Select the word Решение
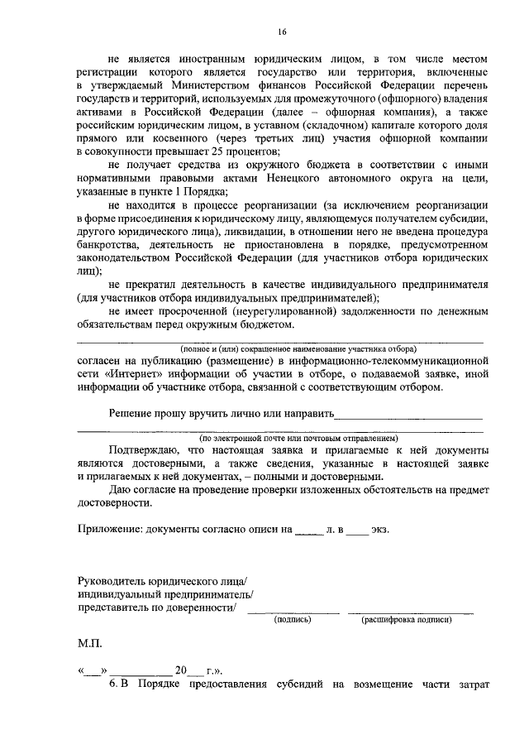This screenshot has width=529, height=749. pos(132,412)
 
